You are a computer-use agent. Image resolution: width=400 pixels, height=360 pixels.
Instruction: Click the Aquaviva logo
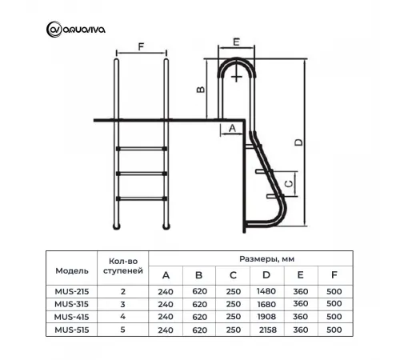tap(76, 30)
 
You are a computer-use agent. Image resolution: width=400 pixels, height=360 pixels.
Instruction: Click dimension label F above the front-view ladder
tap(141, 46)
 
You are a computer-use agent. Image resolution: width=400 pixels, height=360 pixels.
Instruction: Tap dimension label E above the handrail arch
tap(236, 42)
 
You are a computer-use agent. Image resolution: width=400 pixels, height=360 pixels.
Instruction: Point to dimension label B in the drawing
tap(201, 89)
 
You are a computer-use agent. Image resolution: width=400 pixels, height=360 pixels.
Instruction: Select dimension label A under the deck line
tap(233, 128)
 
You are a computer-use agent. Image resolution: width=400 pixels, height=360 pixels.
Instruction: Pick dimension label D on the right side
tap(299, 142)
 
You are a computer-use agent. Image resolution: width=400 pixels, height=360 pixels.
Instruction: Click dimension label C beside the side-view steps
tap(290, 184)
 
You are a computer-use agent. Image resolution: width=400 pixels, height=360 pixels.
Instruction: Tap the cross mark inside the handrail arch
tap(236, 78)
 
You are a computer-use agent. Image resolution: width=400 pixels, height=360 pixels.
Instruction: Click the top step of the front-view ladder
tap(142, 149)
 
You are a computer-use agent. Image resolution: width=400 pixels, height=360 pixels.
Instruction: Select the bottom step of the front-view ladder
tap(142, 198)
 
